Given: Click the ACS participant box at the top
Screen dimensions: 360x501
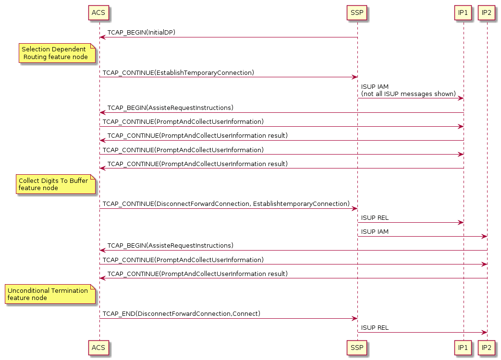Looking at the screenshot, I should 98,12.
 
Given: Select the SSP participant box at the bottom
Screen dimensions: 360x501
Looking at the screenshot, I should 357,347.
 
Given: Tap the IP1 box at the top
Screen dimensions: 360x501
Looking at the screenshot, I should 463,12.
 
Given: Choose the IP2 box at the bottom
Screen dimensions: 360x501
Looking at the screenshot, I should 487,347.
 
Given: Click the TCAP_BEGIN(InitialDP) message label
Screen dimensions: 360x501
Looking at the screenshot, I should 141,33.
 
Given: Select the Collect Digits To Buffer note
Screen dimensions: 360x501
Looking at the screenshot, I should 55,184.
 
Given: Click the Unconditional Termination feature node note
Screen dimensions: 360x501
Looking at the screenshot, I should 50,294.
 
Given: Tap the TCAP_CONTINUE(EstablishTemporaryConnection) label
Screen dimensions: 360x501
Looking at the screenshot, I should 178,72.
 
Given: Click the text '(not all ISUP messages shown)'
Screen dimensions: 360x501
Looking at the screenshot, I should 408,94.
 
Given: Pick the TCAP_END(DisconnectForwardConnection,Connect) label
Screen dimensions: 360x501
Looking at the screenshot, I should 181,314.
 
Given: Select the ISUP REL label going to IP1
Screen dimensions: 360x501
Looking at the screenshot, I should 375,218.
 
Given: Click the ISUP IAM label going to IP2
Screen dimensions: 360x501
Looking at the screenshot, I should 375,232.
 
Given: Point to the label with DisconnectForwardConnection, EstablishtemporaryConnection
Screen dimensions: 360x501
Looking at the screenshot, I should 226,204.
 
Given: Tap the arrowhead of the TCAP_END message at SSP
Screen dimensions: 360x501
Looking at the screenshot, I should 354,318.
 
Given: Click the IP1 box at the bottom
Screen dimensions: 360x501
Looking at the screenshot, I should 463,347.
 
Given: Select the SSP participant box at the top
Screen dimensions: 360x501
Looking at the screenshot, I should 357,12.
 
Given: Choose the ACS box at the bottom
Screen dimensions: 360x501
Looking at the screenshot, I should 98,347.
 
